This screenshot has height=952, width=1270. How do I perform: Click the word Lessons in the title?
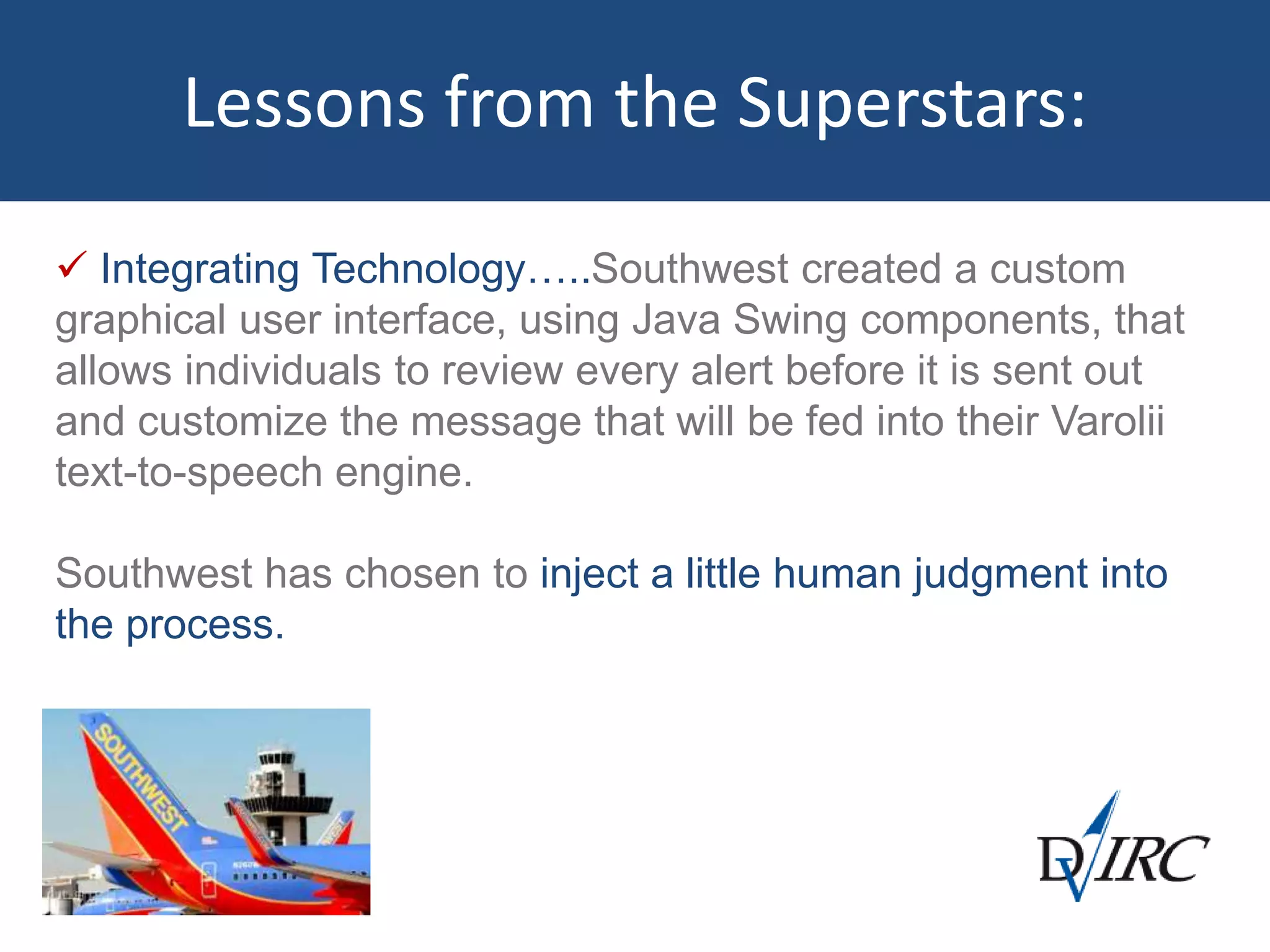[x=304, y=104]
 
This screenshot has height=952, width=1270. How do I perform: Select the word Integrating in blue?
[x=200, y=270]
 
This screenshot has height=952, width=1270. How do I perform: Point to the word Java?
[x=676, y=320]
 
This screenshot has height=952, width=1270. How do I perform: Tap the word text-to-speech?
[x=189, y=473]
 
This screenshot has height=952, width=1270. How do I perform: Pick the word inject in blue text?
[x=589, y=575]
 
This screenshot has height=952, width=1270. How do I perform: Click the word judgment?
[x=1000, y=575]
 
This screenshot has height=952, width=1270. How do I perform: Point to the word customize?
[x=232, y=422]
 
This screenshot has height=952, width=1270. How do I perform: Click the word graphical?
[x=140, y=322]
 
